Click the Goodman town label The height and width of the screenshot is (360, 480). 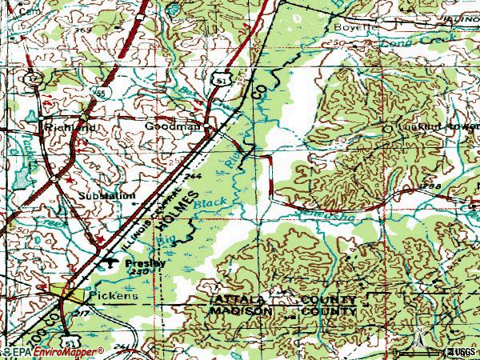pyautogui.click(x=171, y=126)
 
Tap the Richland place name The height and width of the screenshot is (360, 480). pyautogui.click(x=71, y=127)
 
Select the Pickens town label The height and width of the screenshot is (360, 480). pyautogui.click(x=113, y=295)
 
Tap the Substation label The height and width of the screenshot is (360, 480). pyautogui.click(x=106, y=195)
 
